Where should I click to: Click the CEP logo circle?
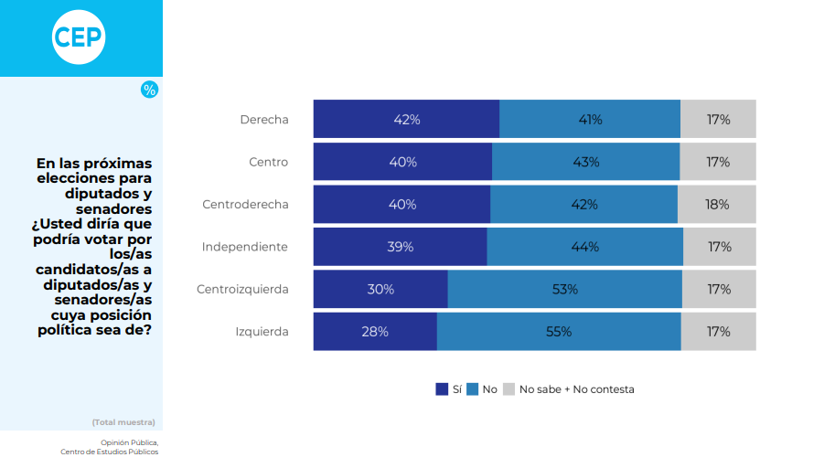click(x=79, y=37)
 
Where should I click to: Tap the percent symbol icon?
click(x=149, y=90)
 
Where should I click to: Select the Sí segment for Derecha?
click(x=406, y=120)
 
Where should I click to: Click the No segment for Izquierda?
click(x=559, y=332)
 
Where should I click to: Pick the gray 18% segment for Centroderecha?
click(x=717, y=205)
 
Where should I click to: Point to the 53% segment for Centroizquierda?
click(x=564, y=290)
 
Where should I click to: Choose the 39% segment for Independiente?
click(x=400, y=247)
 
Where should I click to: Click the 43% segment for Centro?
click(x=585, y=162)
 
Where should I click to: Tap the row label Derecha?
click(x=263, y=120)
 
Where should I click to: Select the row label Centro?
click(x=268, y=162)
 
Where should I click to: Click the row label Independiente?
click(x=244, y=247)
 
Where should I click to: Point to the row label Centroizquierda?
click(x=242, y=290)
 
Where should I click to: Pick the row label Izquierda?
click(x=262, y=332)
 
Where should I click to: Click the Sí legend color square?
click(x=442, y=389)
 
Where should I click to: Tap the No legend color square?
click(x=473, y=389)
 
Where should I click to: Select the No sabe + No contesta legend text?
click(x=576, y=389)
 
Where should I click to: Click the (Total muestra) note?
click(x=123, y=422)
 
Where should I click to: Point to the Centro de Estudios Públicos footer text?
click(x=109, y=452)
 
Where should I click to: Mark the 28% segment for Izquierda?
click(x=375, y=332)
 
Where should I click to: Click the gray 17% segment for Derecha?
click(x=718, y=120)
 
